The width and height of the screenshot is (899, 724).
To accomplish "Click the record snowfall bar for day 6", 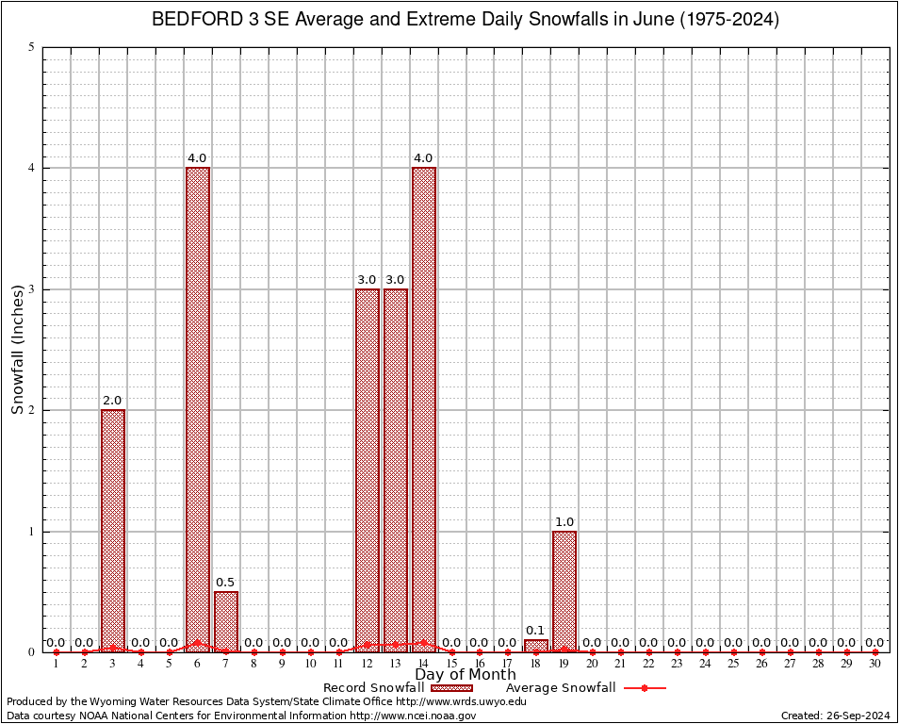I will pyautogui.click(x=198, y=409).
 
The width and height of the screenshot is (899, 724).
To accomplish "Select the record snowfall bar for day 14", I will pyautogui.click(x=424, y=409).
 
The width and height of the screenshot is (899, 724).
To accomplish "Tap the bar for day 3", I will pyautogui.click(x=113, y=530).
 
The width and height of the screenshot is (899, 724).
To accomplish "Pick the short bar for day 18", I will pyautogui.click(x=536, y=646).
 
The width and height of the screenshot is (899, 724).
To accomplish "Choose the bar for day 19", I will pyautogui.click(x=564, y=591).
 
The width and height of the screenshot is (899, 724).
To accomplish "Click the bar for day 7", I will pyautogui.click(x=226, y=621).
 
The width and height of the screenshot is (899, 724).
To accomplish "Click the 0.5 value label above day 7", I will pyautogui.click(x=226, y=583).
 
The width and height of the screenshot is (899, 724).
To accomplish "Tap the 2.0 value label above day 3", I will pyautogui.click(x=113, y=401).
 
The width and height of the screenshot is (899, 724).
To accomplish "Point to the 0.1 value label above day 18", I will pyautogui.click(x=536, y=631).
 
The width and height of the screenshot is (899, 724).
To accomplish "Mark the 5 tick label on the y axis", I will pyautogui.click(x=32, y=47).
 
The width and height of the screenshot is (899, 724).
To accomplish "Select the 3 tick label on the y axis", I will pyautogui.click(x=32, y=289).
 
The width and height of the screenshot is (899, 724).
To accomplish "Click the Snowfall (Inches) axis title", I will pyautogui.click(x=17, y=349).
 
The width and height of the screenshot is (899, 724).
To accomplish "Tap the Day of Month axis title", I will pyautogui.click(x=468, y=675).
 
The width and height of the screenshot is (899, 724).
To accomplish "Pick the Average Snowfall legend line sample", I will pyautogui.click(x=645, y=688).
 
